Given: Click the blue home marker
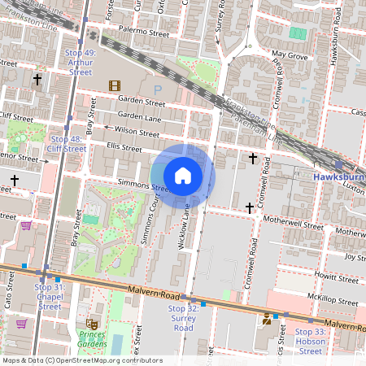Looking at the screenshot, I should [x=183, y=175].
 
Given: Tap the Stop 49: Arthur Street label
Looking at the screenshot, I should [x=80, y=63].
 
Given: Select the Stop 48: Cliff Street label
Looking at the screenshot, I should [x=67, y=144].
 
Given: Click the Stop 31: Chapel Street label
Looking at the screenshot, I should [x=49, y=297].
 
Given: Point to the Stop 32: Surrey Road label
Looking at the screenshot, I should [x=183, y=313].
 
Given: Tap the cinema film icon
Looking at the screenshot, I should [x=115, y=85].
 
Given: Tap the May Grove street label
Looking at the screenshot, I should [x=289, y=56].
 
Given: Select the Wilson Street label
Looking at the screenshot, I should [x=137, y=131].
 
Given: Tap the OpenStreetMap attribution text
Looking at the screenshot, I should [x=81, y=360].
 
